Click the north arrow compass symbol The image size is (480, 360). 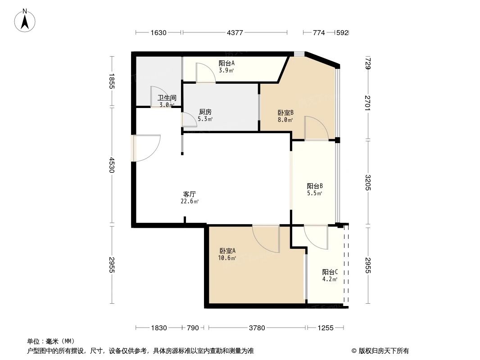(x=26, y=20)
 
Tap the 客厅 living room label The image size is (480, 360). (x=190, y=194)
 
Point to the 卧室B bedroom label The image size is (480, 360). (x=285, y=113)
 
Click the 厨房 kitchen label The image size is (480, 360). (x=205, y=112)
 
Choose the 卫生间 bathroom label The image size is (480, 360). (x=166, y=98)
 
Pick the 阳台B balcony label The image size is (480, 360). (x=315, y=186)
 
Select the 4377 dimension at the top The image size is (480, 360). (x=235, y=32)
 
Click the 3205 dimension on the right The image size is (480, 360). (x=368, y=182)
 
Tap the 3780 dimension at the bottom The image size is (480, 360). (x=257, y=328)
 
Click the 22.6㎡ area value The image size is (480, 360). (x=190, y=201)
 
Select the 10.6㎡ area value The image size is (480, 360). (x=227, y=258)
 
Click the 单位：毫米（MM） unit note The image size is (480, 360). (x=50, y=341)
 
